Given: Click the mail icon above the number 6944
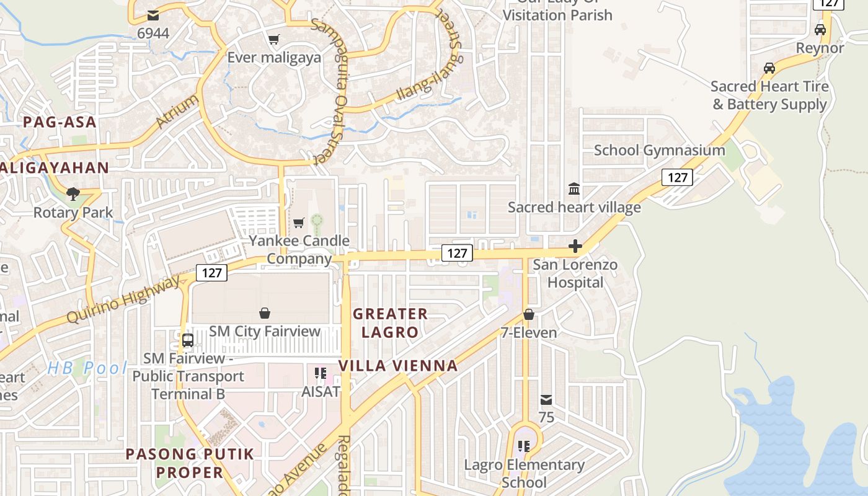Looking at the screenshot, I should (x=153, y=15).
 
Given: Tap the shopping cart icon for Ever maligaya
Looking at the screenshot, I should (x=273, y=40).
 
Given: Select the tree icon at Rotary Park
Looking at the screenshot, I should (x=73, y=194).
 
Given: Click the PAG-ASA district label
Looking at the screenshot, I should (x=60, y=122).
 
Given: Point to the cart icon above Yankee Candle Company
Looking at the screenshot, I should (x=299, y=223).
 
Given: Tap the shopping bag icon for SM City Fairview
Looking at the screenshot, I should (x=265, y=313).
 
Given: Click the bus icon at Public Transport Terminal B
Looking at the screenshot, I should (x=188, y=340).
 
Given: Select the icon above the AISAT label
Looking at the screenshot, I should (x=321, y=373).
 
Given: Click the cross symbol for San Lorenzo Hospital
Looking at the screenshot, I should (x=575, y=247).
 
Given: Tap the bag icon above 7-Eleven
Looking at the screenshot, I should (x=529, y=315).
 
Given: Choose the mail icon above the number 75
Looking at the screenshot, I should (x=546, y=400).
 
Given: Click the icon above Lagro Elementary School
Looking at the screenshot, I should (x=524, y=446).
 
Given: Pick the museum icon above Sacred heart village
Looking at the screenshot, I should (x=574, y=188).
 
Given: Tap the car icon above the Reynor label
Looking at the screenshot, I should (x=820, y=30).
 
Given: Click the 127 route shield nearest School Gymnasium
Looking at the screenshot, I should (x=677, y=178).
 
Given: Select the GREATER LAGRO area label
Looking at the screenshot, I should (x=391, y=323).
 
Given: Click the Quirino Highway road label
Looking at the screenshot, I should (x=123, y=300).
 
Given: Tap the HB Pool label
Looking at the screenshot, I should (x=87, y=368).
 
